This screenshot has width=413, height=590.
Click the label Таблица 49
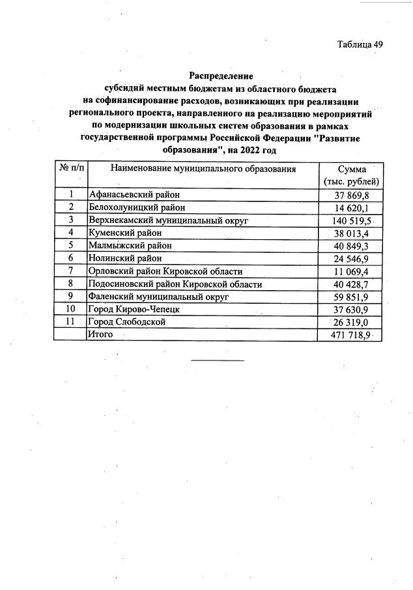pyautogui.click(x=360, y=44)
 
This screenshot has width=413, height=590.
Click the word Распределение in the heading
pyautogui.click(x=220, y=76)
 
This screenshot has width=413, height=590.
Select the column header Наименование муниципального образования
pyautogui.click(x=203, y=169)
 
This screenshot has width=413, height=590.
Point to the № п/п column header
pyautogui.click(x=71, y=168)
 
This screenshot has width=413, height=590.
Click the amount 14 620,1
pyautogui.click(x=351, y=207)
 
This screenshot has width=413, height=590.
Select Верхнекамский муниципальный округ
pyautogui.click(x=169, y=220)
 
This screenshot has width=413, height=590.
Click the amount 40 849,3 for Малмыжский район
pyautogui.click(x=351, y=245)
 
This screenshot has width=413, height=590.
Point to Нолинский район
pyautogui.click(x=126, y=258)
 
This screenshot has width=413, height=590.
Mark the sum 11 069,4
pyautogui.click(x=351, y=271)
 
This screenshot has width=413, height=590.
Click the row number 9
pyautogui.click(x=70, y=297)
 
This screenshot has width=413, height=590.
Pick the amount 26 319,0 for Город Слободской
pyautogui.click(x=351, y=322)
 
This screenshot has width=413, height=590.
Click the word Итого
pyautogui.click(x=101, y=334)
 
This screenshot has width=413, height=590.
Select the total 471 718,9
pyautogui.click(x=349, y=334)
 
